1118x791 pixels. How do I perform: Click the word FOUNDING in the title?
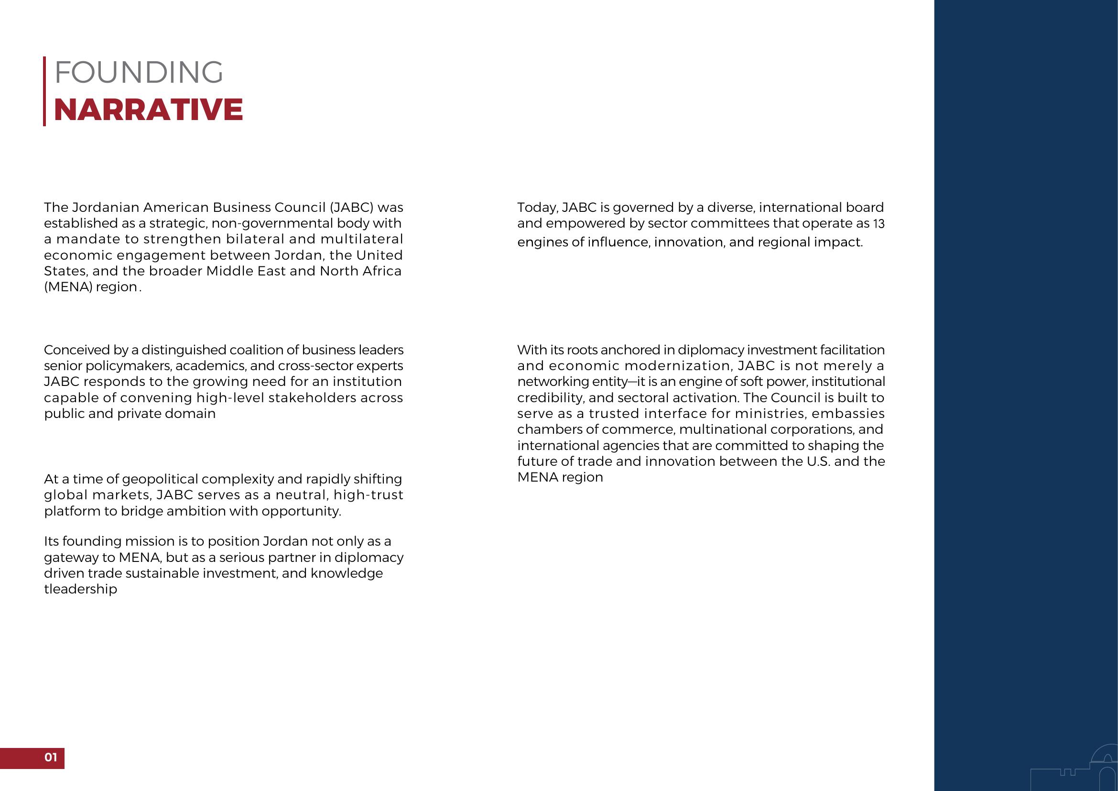click(x=139, y=73)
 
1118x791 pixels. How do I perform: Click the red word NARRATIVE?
click(x=149, y=110)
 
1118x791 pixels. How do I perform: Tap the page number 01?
click(x=51, y=757)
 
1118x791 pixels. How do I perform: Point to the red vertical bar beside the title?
click(x=44, y=91)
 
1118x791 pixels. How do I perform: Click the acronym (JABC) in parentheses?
click(x=351, y=208)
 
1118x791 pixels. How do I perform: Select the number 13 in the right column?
click(x=879, y=224)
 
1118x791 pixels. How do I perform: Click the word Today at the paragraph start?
click(x=536, y=208)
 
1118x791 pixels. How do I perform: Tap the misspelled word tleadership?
click(x=80, y=589)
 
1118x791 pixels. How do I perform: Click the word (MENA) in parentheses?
click(x=68, y=287)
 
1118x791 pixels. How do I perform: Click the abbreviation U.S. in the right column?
click(x=818, y=461)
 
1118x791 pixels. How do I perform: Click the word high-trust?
click(x=368, y=495)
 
